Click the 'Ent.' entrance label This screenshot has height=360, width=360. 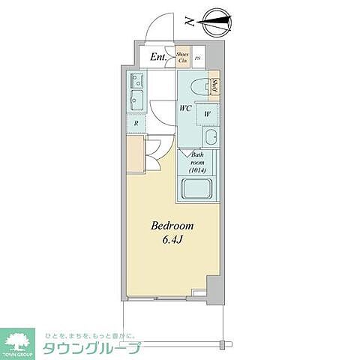(158, 57)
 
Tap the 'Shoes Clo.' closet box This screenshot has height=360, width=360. (182, 57)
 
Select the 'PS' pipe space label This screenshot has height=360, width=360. (198, 58)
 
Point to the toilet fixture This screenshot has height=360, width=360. (198, 86)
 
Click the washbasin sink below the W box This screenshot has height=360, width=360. (211, 137)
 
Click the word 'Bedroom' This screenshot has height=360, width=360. (173, 226)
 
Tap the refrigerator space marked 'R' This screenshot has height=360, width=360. (136, 124)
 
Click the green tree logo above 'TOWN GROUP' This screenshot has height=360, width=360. (20, 339)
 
